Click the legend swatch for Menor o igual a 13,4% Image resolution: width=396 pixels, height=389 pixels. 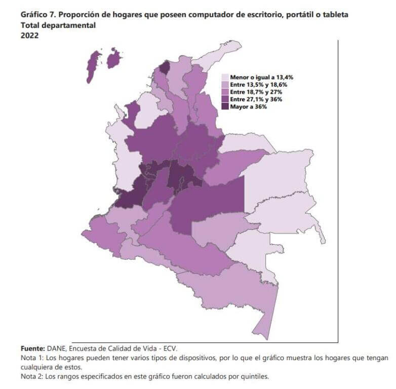(x=225, y=77)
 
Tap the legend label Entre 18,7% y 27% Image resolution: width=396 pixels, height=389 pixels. (x=252, y=92)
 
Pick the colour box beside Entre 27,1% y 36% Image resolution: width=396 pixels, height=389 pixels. (x=225, y=100)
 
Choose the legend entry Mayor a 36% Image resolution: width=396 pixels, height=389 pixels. (x=248, y=107)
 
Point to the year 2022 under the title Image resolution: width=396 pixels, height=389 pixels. (x=29, y=35)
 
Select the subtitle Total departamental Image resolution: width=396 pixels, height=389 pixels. (x=58, y=25)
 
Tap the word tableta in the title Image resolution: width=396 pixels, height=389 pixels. (x=334, y=15)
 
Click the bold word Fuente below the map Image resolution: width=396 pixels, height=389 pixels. (x=32, y=348)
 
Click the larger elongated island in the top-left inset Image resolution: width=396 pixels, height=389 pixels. (x=93, y=66)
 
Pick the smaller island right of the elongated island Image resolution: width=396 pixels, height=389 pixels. (x=114, y=58)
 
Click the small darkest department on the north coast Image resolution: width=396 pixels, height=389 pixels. (x=165, y=67)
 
